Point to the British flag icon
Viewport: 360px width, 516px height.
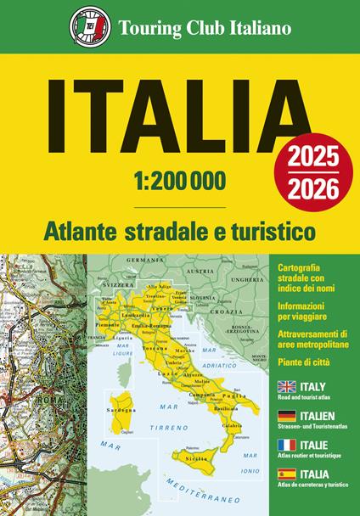click(x=287, y=386)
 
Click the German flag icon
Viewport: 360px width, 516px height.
click(x=287, y=416)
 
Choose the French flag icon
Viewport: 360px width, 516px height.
click(x=287, y=445)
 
